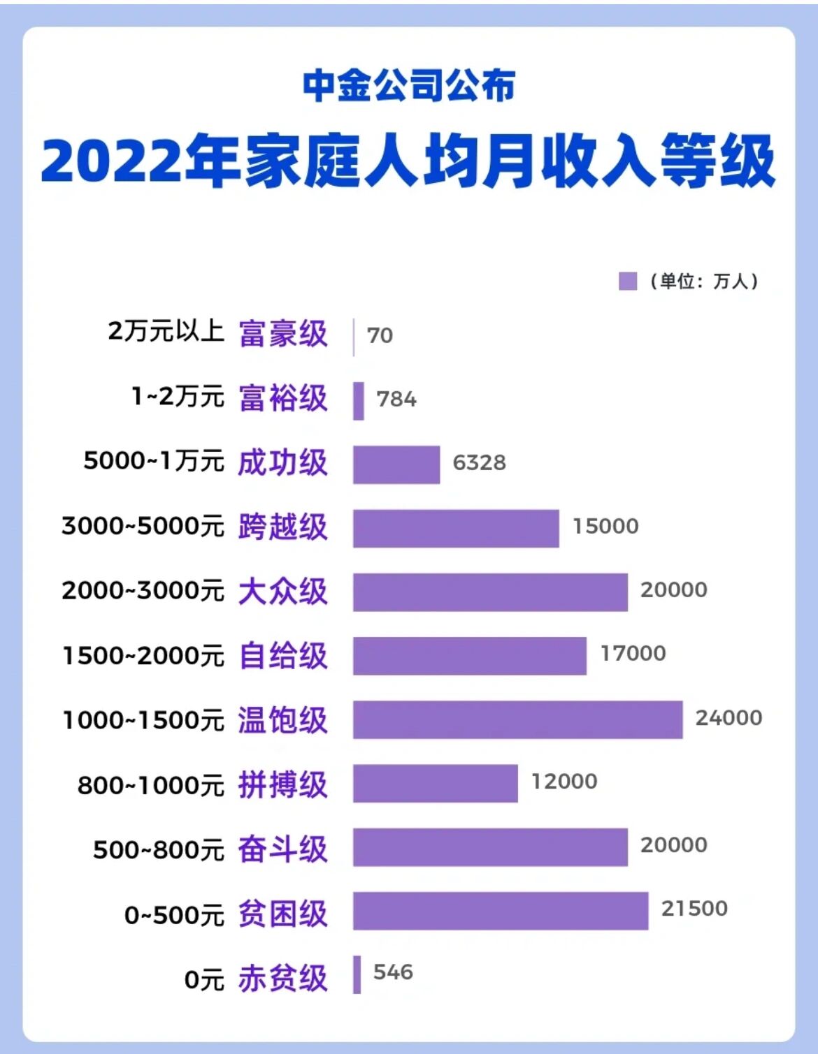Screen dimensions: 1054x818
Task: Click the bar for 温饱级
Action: (x=517, y=719)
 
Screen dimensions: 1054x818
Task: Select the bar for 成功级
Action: (x=396, y=464)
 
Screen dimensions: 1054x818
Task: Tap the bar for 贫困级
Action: (x=501, y=911)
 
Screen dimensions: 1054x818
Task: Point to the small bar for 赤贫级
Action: (x=357, y=974)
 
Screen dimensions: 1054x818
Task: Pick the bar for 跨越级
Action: (x=456, y=528)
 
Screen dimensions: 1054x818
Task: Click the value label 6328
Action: (x=479, y=462)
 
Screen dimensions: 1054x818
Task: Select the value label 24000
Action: (x=729, y=717)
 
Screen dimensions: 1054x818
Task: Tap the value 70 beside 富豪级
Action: (x=380, y=335)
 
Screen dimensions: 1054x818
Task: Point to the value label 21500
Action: (x=694, y=908)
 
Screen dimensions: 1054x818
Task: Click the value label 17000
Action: (x=633, y=653)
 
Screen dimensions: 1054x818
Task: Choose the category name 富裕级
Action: (x=283, y=398)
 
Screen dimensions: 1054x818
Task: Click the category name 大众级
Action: (x=283, y=591)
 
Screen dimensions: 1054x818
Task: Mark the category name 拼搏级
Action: (x=283, y=784)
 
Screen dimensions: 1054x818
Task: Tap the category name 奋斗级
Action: (x=283, y=849)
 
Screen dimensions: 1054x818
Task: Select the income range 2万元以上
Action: (x=166, y=330)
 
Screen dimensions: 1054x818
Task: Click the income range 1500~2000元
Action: (x=143, y=656)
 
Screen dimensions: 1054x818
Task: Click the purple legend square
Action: (x=628, y=281)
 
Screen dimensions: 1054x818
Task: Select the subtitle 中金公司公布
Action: (x=409, y=85)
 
